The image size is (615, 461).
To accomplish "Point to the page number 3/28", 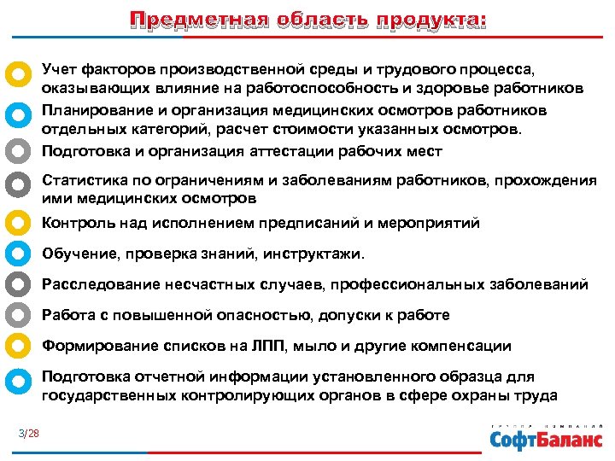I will pyautogui.click(x=29, y=434).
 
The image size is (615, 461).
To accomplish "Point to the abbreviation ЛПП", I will pyautogui.click(x=285, y=346).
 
